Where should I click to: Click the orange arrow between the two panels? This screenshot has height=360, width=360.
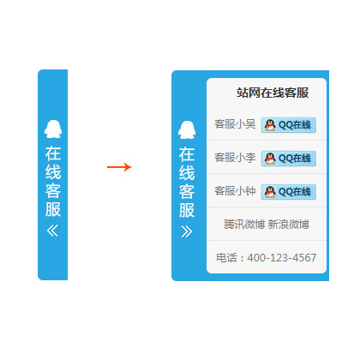click(119, 167)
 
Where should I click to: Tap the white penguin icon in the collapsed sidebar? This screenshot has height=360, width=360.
click(53, 129)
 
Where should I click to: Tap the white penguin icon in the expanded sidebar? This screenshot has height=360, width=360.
click(187, 129)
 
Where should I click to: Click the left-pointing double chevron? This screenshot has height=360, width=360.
click(52, 231)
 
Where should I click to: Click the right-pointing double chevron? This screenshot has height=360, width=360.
click(187, 231)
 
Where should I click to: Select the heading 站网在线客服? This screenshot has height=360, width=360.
click(273, 93)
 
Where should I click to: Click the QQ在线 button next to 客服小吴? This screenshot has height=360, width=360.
click(289, 125)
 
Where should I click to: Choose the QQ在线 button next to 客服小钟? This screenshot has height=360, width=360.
click(289, 192)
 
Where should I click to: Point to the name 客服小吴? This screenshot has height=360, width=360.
click(235, 124)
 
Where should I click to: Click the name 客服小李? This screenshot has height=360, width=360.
click(235, 158)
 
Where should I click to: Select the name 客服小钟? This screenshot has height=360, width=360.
click(235, 191)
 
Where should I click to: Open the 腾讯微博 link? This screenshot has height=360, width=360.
click(244, 225)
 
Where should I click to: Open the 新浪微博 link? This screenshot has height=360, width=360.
click(289, 225)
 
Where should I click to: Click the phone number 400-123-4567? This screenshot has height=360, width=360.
click(282, 258)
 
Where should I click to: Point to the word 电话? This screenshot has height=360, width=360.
click(226, 258)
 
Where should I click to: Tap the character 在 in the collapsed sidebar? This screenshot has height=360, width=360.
click(53, 153)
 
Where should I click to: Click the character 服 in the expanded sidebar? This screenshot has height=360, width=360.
click(187, 210)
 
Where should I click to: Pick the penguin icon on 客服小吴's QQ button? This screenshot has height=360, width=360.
click(270, 125)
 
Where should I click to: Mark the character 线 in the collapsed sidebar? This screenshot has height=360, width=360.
click(53, 172)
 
